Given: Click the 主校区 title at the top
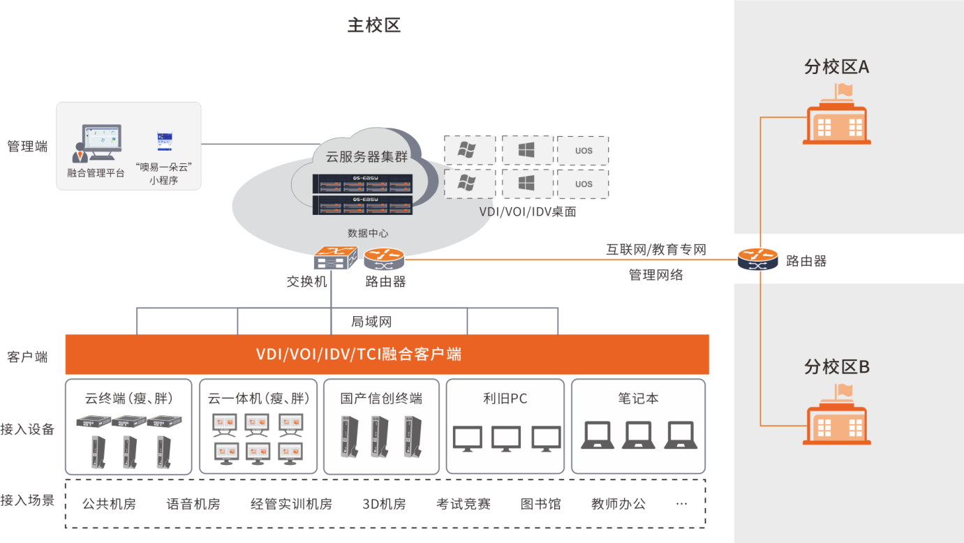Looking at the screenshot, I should [x=373, y=26].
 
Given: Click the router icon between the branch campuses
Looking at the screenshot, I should [x=757, y=260].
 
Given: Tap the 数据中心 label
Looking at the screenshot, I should [x=368, y=233].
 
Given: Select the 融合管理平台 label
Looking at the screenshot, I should [x=96, y=173].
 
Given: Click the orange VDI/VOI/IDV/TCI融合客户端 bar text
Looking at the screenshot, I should [x=359, y=354].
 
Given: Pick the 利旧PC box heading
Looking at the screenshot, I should [x=505, y=399].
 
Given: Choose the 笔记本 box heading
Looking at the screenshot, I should [x=638, y=399].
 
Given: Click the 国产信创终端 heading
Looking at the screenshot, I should [x=381, y=399].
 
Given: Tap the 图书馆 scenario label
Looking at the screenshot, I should [x=540, y=504].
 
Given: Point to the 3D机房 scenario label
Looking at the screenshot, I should [x=384, y=504].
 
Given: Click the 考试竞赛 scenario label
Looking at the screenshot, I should [x=464, y=504].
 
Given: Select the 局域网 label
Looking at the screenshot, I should [x=371, y=322].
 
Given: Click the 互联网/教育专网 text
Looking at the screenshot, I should [x=655, y=249].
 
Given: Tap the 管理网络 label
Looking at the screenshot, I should [x=655, y=275].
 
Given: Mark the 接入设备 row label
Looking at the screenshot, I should [x=27, y=429].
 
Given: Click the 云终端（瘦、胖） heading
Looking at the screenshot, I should [x=128, y=399].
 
